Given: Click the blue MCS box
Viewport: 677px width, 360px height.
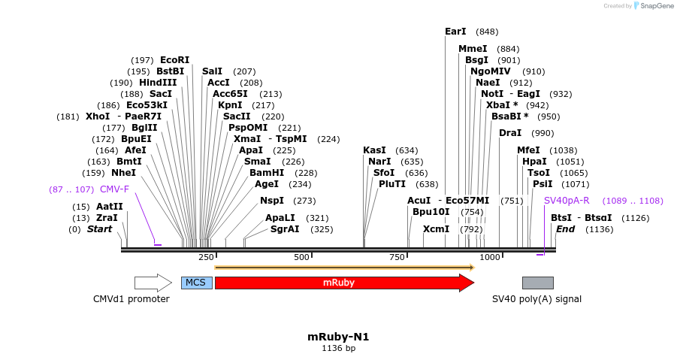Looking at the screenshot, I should tap(196, 283).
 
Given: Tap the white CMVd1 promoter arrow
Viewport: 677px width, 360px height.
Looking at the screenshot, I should tap(153, 283).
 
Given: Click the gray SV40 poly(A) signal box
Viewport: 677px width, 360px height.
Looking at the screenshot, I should tap(537, 283).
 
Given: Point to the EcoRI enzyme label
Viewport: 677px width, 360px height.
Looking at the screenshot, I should tap(174, 60).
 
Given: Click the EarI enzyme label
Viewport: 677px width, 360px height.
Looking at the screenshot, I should tap(455, 32).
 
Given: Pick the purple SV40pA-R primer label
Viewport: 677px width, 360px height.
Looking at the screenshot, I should tap(567, 201).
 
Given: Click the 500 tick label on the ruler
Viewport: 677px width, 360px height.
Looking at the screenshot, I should tap(302, 257).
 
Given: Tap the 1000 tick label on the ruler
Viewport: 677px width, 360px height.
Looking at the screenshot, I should tap(490, 257).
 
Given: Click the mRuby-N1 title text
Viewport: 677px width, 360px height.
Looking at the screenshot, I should tap(338, 337).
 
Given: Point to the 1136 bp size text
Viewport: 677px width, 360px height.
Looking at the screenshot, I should tap(338, 348).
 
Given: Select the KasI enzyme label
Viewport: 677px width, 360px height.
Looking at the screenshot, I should tap(374, 150).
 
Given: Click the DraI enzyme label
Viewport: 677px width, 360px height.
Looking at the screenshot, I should tap(510, 133).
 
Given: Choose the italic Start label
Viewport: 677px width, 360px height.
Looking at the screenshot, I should tap(99, 229).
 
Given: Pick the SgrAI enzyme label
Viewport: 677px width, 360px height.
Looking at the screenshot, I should tap(285, 229).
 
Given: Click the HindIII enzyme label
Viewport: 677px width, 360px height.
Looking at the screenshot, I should tap(158, 83).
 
